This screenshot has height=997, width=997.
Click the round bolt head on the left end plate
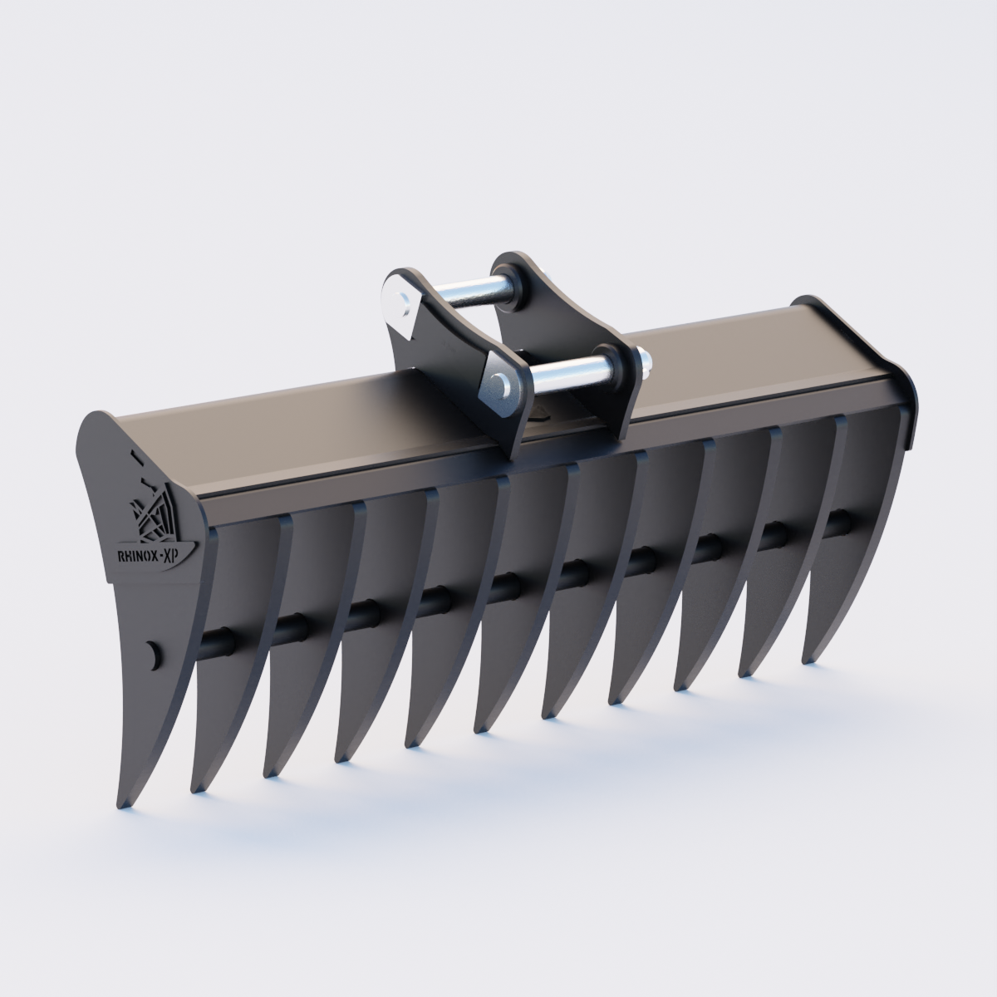(x=152, y=653)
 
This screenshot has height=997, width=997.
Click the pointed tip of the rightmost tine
(x=805, y=660)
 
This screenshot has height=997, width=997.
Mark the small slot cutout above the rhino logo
(x=133, y=455)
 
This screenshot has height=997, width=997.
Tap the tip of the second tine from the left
(x=196, y=787)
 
